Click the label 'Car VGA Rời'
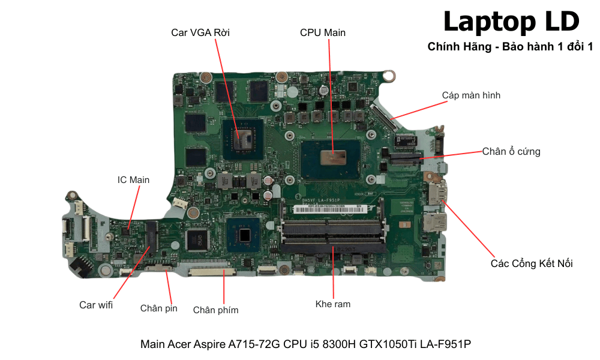coord(200,32)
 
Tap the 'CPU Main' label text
coord(323,32)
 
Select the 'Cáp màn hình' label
coord(471,95)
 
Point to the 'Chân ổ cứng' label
coord(511,151)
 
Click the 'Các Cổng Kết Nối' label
coord(532,263)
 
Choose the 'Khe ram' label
coord(333,304)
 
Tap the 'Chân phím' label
coord(215,310)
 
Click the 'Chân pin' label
coord(159,308)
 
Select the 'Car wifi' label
coord(96,305)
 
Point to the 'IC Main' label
coord(133,179)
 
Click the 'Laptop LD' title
coord(511,22)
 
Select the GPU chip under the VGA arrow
coord(243,137)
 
